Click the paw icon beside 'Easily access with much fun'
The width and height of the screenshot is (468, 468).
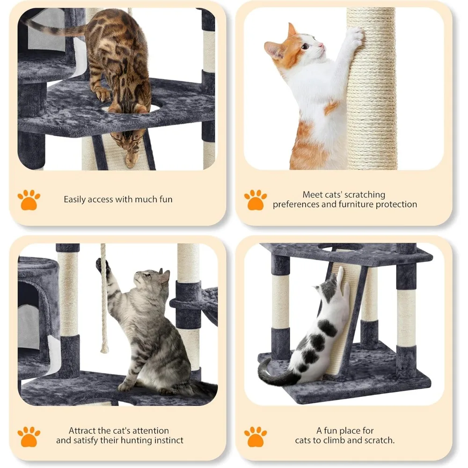pos(29,200)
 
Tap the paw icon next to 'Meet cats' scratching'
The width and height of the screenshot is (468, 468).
pos(255,200)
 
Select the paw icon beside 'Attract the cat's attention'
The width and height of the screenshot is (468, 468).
pos(29,437)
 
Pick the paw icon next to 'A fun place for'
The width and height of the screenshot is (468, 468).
pos(255,437)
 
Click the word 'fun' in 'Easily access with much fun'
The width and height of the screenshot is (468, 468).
pos(166,199)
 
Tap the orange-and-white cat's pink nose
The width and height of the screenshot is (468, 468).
pos(321,45)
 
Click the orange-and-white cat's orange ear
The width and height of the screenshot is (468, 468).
pos(291,31)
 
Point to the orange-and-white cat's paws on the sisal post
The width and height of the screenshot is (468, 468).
pos(354,36)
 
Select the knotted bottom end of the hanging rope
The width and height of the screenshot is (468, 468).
pos(104,348)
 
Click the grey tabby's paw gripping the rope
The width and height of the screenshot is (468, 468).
pos(102,265)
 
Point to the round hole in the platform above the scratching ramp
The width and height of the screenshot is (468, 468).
pos(340,248)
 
